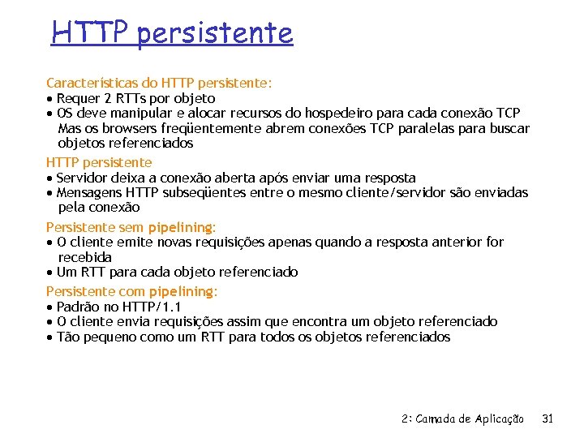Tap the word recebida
point(85,257)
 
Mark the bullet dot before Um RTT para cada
point(50,273)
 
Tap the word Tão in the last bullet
point(69,337)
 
